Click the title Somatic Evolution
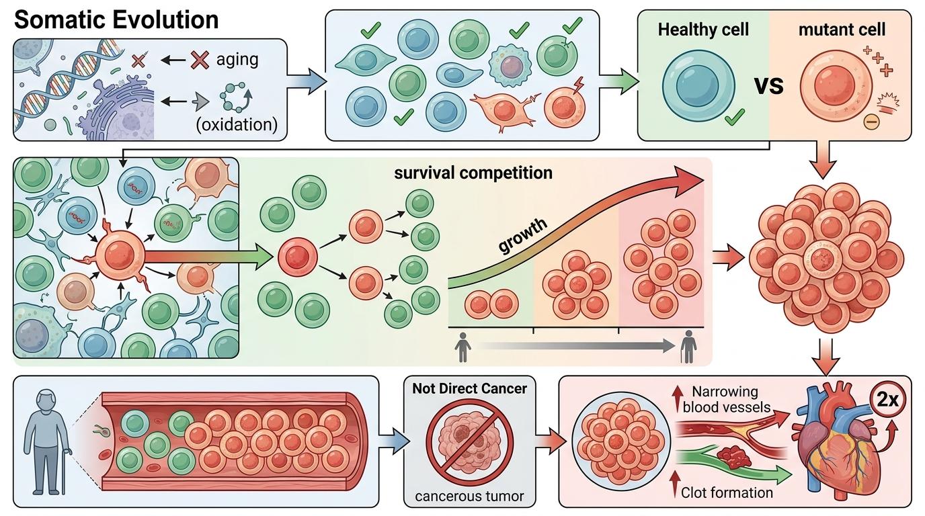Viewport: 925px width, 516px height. (x=116, y=19)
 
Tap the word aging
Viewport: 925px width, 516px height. (x=237, y=59)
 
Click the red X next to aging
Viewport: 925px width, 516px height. (x=200, y=60)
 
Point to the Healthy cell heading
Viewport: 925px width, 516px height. (x=703, y=30)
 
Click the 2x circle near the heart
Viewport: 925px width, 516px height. (x=887, y=400)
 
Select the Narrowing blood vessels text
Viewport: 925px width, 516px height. (x=725, y=398)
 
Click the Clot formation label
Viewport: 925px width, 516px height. (x=727, y=492)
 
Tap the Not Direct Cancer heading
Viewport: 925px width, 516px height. (x=470, y=388)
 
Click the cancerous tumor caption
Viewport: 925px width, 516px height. (x=470, y=497)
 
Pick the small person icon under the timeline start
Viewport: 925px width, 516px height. (x=463, y=347)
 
